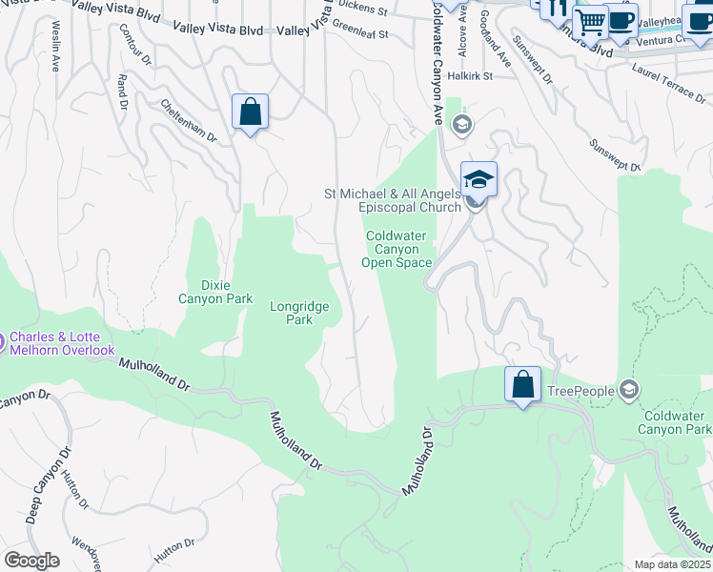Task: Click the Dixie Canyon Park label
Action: point(215,292)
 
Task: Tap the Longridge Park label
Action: point(299,314)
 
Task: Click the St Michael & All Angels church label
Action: point(393,200)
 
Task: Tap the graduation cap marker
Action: point(479,179)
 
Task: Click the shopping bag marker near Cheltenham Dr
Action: point(250,112)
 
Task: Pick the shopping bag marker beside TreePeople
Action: point(522,385)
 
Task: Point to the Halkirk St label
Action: point(470,75)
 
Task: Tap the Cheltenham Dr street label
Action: point(189,121)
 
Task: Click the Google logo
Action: point(31,561)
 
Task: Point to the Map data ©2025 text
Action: point(672,564)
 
